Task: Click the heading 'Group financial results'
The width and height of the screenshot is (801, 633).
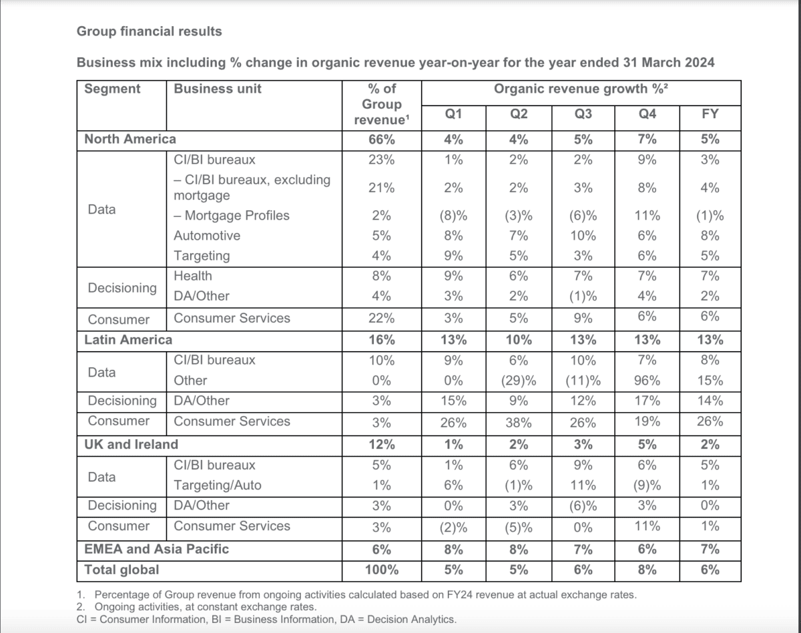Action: click(x=150, y=31)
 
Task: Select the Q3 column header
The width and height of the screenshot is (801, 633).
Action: click(x=583, y=114)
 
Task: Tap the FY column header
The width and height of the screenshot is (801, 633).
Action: click(x=710, y=114)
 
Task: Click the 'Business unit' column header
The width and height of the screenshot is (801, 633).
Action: click(x=218, y=89)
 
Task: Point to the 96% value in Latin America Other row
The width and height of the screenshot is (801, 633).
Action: click(x=647, y=381)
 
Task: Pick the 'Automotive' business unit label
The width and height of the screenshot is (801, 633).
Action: click(x=207, y=236)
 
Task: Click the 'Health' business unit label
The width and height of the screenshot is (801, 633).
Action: click(x=193, y=276)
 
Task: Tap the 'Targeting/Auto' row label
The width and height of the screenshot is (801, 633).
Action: click(x=218, y=485)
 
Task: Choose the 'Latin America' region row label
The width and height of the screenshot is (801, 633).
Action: click(x=128, y=339)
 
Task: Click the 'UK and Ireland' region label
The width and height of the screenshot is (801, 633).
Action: click(x=131, y=444)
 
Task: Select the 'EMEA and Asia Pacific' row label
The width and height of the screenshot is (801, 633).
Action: click(x=156, y=549)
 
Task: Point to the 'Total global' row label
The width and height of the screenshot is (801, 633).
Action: click(x=121, y=570)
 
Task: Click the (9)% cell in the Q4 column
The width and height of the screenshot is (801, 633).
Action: click(x=647, y=485)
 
